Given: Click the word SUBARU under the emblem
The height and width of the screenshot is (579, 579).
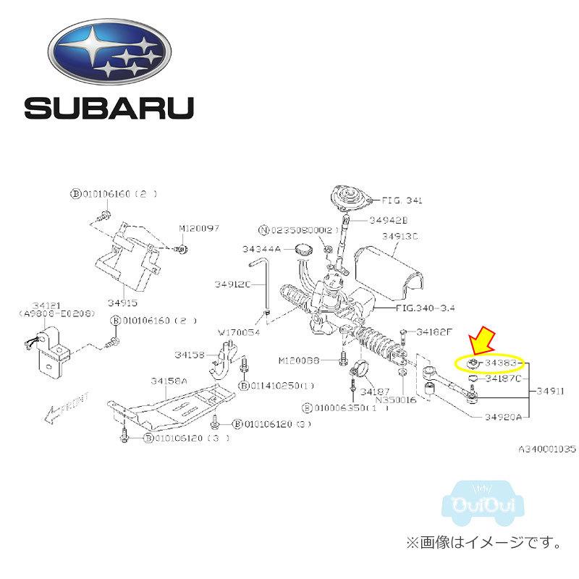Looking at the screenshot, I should click(109, 108).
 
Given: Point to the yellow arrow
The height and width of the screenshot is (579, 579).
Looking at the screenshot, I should click(481, 340).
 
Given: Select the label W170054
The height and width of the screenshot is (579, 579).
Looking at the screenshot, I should click(239, 333).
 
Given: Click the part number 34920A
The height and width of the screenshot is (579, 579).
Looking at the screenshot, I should click(505, 417).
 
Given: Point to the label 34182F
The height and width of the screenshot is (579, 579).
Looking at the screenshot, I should click(435, 332).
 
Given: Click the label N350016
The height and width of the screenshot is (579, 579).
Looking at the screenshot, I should click(397, 399).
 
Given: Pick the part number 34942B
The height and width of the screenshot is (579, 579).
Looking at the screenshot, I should click(389, 219).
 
